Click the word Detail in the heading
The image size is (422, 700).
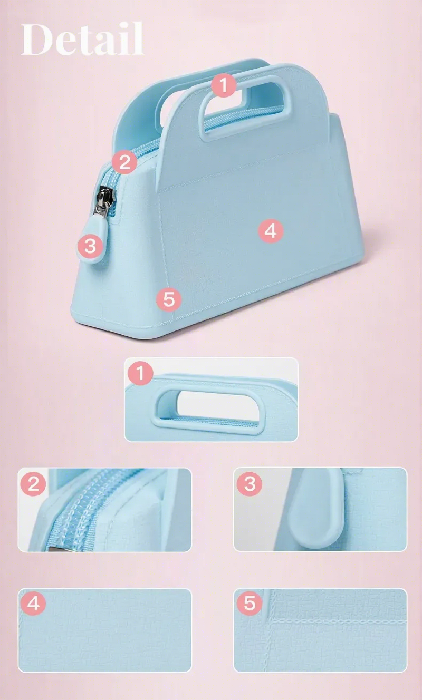click(x=83, y=39)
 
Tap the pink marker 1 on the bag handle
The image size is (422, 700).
click(x=224, y=85)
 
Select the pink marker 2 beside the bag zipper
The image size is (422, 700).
click(x=124, y=162)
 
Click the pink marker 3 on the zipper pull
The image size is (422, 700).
click(x=90, y=246)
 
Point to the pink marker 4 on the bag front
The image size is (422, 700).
click(x=271, y=231)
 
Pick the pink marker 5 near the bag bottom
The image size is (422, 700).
click(x=169, y=299)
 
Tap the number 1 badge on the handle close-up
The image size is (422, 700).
click(x=140, y=373)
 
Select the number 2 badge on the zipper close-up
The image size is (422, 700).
click(x=33, y=483)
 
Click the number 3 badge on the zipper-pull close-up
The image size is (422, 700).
click(x=250, y=483)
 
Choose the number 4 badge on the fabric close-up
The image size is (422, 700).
click(x=33, y=603)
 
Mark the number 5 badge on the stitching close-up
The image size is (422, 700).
click(x=250, y=603)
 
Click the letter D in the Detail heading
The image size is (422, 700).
click(x=36, y=39)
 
